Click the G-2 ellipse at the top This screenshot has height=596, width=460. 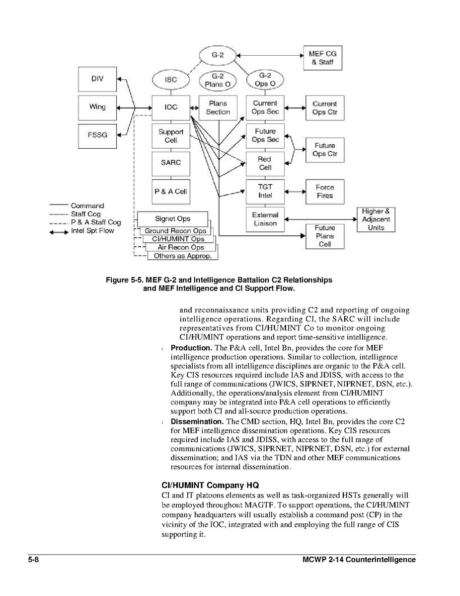tap(217, 55)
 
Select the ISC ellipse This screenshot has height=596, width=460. tap(171, 80)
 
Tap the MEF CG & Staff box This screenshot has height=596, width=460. tap(323, 58)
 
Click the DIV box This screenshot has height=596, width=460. tap(97, 79)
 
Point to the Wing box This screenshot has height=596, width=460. tap(97, 107)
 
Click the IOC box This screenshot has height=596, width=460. tap(171, 107)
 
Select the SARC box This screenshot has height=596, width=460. tap(171, 163)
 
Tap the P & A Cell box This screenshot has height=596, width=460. tap(171, 192)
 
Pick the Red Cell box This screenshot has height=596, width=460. tap(265, 164)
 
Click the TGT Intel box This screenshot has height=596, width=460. tap(265, 192)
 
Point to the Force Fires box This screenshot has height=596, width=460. tap(324, 192)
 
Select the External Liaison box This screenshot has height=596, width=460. tap(265, 219)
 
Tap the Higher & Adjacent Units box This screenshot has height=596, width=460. tap(376, 219)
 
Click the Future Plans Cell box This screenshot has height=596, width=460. tap(324, 236)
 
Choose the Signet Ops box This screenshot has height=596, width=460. tap(172, 219)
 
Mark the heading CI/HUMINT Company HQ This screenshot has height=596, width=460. tap(211, 485)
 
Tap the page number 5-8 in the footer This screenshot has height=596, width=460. tap(34, 560)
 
